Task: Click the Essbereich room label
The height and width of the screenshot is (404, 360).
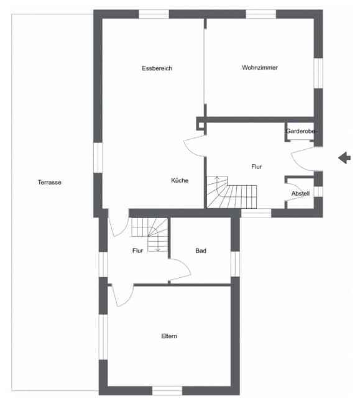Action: click(157, 68)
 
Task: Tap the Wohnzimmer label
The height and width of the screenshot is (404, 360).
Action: click(260, 68)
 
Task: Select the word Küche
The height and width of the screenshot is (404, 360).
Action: click(180, 180)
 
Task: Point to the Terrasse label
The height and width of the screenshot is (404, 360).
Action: click(50, 182)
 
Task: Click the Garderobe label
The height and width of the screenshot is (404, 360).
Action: click(300, 131)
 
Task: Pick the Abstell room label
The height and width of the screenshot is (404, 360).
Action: click(300, 193)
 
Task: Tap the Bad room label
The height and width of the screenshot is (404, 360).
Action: click(201, 250)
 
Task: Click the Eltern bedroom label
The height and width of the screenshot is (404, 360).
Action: click(169, 336)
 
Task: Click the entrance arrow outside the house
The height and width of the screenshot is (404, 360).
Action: click(344, 158)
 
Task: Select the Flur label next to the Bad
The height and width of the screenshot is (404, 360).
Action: click(137, 250)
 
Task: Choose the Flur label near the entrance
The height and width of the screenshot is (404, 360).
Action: click(256, 167)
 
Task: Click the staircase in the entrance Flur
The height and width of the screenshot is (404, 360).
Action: click(232, 192)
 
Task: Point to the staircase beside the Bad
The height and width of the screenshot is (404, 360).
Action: click(150, 235)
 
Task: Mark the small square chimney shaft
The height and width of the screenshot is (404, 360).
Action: click(201, 125)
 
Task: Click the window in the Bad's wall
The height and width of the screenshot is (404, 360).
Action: click(235, 264)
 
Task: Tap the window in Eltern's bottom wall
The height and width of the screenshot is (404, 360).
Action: click(167, 390)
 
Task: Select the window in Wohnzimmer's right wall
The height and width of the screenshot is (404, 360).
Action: click(318, 73)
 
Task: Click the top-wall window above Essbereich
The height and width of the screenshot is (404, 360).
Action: click(154, 14)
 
